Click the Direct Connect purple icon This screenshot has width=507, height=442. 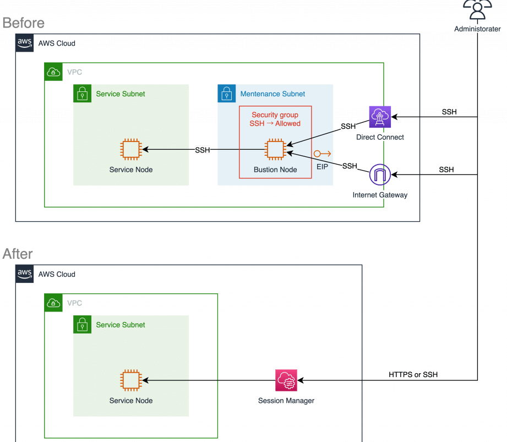(x=380, y=116)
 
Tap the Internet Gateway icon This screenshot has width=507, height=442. (x=379, y=175)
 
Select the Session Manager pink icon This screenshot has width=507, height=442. (x=286, y=380)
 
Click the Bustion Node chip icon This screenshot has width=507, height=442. (x=275, y=150)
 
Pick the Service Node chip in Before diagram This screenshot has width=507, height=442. (x=130, y=150)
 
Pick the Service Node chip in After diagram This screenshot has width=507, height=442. (x=130, y=380)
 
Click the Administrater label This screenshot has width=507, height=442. (x=477, y=28)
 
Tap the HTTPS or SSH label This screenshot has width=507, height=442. (x=413, y=374)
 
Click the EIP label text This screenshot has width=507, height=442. (x=322, y=165)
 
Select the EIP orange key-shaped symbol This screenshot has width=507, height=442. (x=322, y=154)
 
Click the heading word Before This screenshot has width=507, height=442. (x=23, y=23)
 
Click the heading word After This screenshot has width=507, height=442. (x=18, y=254)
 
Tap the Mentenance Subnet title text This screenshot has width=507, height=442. (x=272, y=94)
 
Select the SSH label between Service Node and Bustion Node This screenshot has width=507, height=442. (x=202, y=150)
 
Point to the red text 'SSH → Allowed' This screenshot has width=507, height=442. (x=275, y=123)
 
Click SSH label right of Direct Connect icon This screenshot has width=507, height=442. (x=449, y=112)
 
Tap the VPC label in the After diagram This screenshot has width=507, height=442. (x=75, y=303)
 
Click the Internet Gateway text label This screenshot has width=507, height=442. (x=379, y=195)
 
